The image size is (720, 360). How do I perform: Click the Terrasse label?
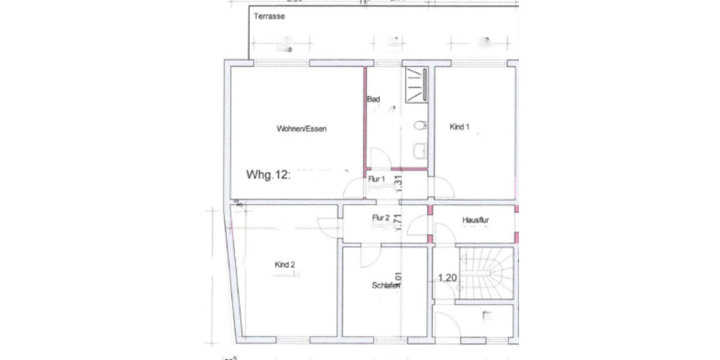point(268,17)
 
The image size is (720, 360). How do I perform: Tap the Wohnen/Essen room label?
point(301,129)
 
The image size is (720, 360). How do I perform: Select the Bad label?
point(373,99)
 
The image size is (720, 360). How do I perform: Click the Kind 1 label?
point(459,127)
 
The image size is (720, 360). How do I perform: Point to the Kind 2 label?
point(284,265)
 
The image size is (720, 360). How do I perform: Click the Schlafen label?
point(385,286)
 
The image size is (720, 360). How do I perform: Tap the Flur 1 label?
point(376,179)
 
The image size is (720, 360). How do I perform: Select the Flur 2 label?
point(381,218)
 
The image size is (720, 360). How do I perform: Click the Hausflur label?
point(475,221)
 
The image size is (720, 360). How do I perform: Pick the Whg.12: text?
point(268,175)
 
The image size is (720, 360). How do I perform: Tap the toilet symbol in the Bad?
point(419,125)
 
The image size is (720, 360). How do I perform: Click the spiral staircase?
point(486,273)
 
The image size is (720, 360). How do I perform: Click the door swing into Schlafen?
point(370,256)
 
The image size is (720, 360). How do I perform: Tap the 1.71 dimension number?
point(398,222)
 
